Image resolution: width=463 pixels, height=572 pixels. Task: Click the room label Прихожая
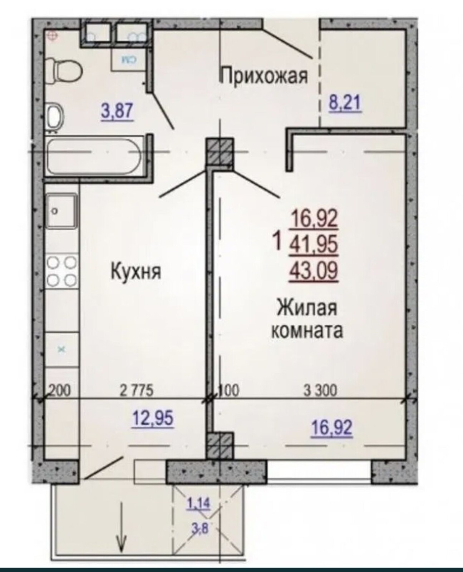[x=264, y=76]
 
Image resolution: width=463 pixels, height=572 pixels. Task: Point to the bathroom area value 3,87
[x=117, y=112]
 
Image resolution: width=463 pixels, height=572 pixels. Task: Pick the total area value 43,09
[x=313, y=272]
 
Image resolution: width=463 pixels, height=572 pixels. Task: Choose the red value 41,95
[x=313, y=246]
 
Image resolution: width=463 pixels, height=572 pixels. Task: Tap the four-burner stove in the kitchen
[x=61, y=272]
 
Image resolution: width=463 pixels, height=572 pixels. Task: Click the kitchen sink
[x=61, y=211]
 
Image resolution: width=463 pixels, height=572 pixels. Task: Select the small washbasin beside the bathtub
[x=55, y=118]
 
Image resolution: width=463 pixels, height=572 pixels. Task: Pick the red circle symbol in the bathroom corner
[x=53, y=35]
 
